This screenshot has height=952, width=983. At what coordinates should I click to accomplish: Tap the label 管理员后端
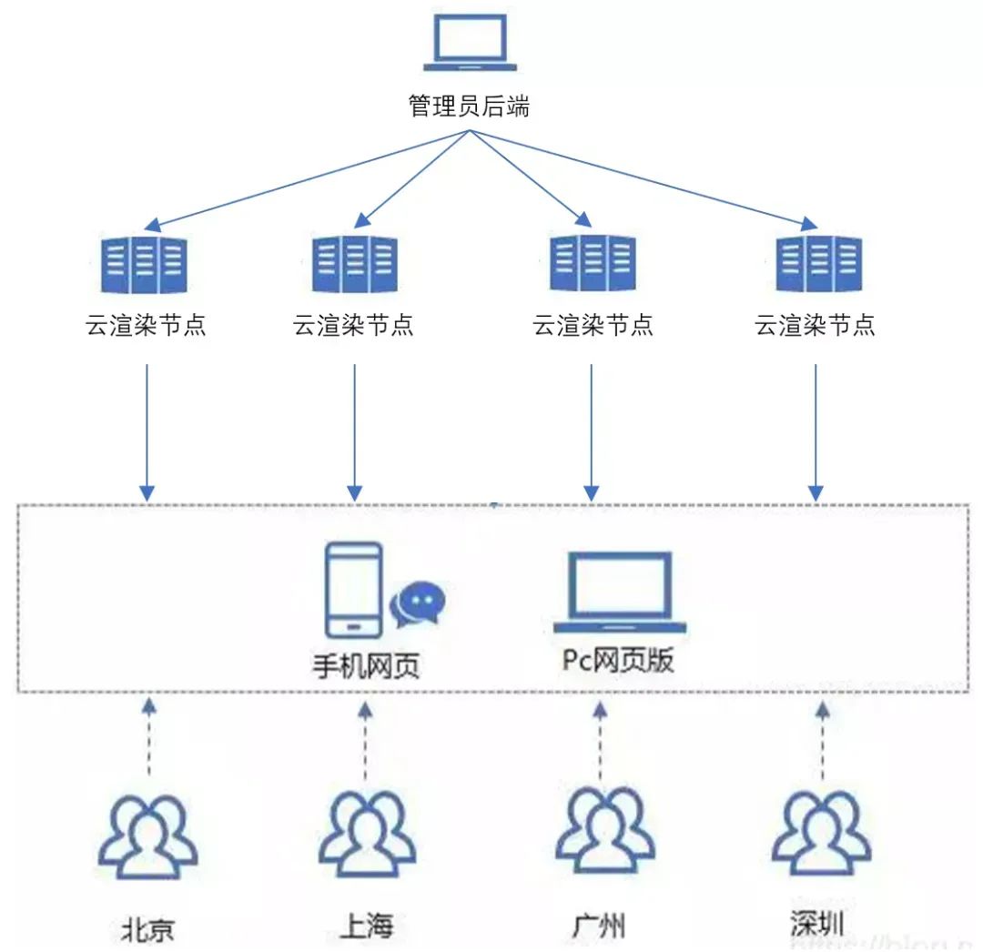[469, 106]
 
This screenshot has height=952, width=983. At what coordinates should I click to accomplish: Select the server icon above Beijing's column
[147, 264]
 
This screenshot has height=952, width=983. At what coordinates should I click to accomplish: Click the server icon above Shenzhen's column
[818, 264]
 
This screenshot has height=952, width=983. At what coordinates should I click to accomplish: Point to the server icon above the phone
[355, 264]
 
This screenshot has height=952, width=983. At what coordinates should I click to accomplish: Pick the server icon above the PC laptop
[593, 264]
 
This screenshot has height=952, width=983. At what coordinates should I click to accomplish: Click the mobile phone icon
[353, 589]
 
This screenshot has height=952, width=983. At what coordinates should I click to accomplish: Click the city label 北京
[147, 928]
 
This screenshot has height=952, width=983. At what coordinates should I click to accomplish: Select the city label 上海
[366, 926]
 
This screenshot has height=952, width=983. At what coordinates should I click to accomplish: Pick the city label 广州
[599, 926]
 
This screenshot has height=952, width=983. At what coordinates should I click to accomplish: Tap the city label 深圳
[817, 923]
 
